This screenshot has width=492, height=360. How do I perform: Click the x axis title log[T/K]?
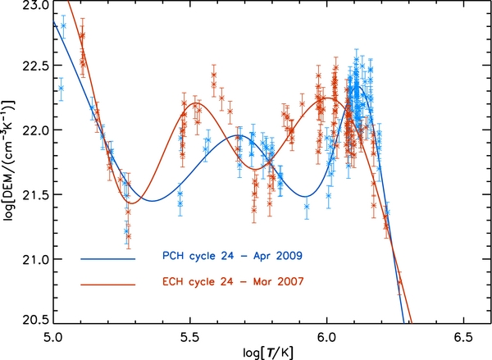pos(257,352)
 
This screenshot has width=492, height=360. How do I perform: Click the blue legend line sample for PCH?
pos(107,258)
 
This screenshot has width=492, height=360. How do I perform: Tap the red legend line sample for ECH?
pos(107,284)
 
